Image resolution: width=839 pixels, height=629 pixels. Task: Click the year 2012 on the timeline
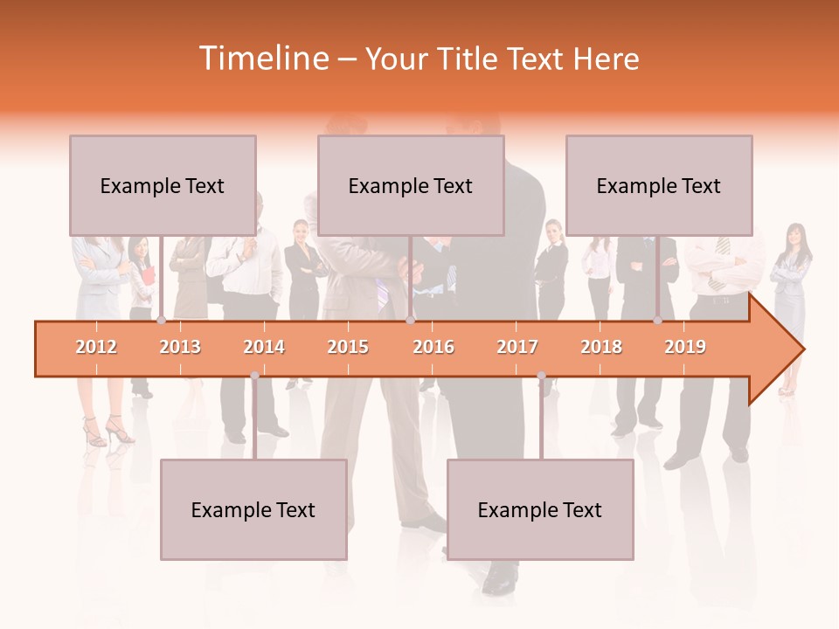(96, 347)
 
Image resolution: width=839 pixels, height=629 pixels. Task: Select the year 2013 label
(180, 347)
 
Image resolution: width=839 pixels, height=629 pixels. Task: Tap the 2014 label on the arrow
(264, 347)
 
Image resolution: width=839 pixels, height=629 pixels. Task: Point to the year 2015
(348, 347)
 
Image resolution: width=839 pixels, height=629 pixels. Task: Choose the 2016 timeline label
(433, 347)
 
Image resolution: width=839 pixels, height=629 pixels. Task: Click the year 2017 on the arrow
(517, 347)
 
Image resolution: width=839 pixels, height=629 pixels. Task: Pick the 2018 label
(601, 347)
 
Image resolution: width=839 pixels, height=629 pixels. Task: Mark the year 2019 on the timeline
(685, 347)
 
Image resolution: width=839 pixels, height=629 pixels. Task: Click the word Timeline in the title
(263, 59)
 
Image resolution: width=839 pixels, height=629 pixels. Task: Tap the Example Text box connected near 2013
(163, 185)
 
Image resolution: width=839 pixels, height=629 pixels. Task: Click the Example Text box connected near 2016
(411, 185)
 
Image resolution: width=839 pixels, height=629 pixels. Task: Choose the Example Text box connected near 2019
(659, 185)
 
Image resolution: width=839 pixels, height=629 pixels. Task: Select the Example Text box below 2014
(253, 509)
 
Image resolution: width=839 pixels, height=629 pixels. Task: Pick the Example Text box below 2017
(540, 509)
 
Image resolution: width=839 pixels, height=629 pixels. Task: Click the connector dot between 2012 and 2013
(161, 321)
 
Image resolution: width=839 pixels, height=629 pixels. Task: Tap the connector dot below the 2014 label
(254, 376)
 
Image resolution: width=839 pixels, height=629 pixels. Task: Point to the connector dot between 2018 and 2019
(657, 321)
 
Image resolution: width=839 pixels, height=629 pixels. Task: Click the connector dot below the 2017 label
(541, 376)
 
